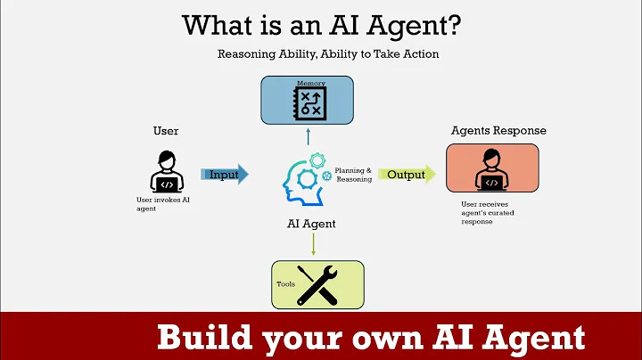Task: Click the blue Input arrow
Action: point(224,174)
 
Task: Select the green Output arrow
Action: point(407,174)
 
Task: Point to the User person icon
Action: point(166,170)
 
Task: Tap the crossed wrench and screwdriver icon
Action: point(318,284)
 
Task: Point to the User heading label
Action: point(166,131)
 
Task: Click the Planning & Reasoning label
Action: point(353,175)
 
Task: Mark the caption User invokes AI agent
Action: point(163,204)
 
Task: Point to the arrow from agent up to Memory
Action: point(308,135)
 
